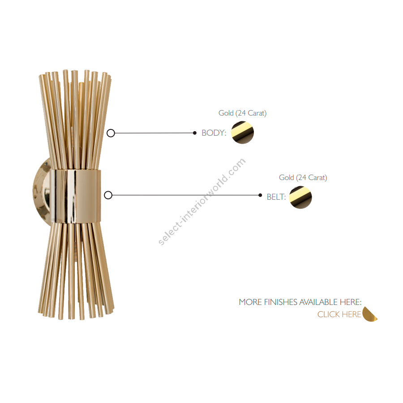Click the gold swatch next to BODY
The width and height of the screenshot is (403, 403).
(x=242, y=133)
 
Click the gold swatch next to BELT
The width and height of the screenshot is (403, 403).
(x=300, y=197)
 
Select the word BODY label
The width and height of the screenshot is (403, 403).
(x=214, y=133)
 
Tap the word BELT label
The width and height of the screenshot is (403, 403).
(x=276, y=197)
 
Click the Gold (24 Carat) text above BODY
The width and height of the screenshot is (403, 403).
(x=242, y=113)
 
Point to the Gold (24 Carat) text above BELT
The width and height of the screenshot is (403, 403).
(x=303, y=178)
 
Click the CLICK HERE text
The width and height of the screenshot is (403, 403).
(x=339, y=314)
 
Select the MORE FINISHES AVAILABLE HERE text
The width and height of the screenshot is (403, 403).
(x=300, y=302)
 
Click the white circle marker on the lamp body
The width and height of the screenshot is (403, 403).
(x=111, y=133)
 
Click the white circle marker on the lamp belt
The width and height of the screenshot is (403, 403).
(x=108, y=195)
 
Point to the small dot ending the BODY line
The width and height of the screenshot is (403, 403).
(x=195, y=133)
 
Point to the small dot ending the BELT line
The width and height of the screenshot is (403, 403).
(x=260, y=195)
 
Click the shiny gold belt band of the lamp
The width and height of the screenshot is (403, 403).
(x=76, y=195)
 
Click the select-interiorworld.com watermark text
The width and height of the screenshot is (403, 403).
(x=202, y=202)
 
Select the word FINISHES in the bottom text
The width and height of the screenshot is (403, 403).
(x=280, y=302)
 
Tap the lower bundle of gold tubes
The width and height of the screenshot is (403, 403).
(x=75, y=269)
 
